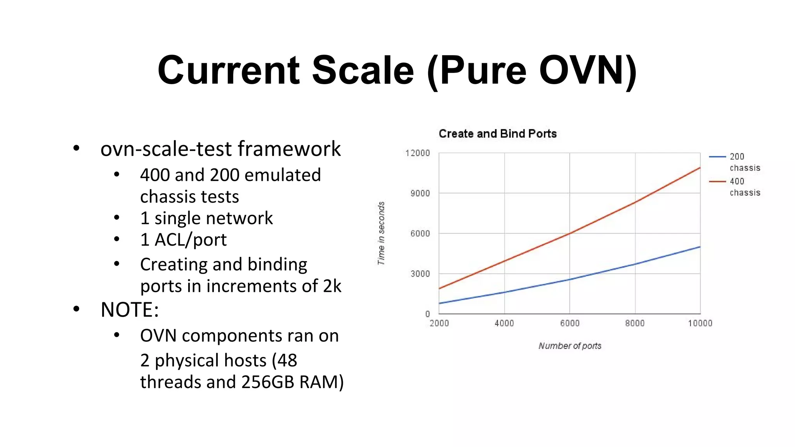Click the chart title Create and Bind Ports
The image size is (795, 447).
coord(497,134)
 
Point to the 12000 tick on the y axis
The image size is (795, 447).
coord(417,153)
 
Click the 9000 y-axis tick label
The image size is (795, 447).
coord(420,193)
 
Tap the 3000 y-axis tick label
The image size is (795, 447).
coord(420,274)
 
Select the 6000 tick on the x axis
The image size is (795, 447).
coord(569,323)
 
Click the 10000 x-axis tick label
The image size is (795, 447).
coord(700,323)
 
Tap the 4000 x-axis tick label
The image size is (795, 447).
coord(504,323)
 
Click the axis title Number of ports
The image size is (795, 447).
coord(569,346)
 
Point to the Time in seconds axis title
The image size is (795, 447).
coord(381,233)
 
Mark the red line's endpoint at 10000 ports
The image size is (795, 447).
coord(700,168)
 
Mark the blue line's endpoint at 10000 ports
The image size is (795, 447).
coord(700,247)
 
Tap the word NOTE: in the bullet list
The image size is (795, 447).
coord(130,310)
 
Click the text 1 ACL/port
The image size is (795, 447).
coord(183,239)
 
